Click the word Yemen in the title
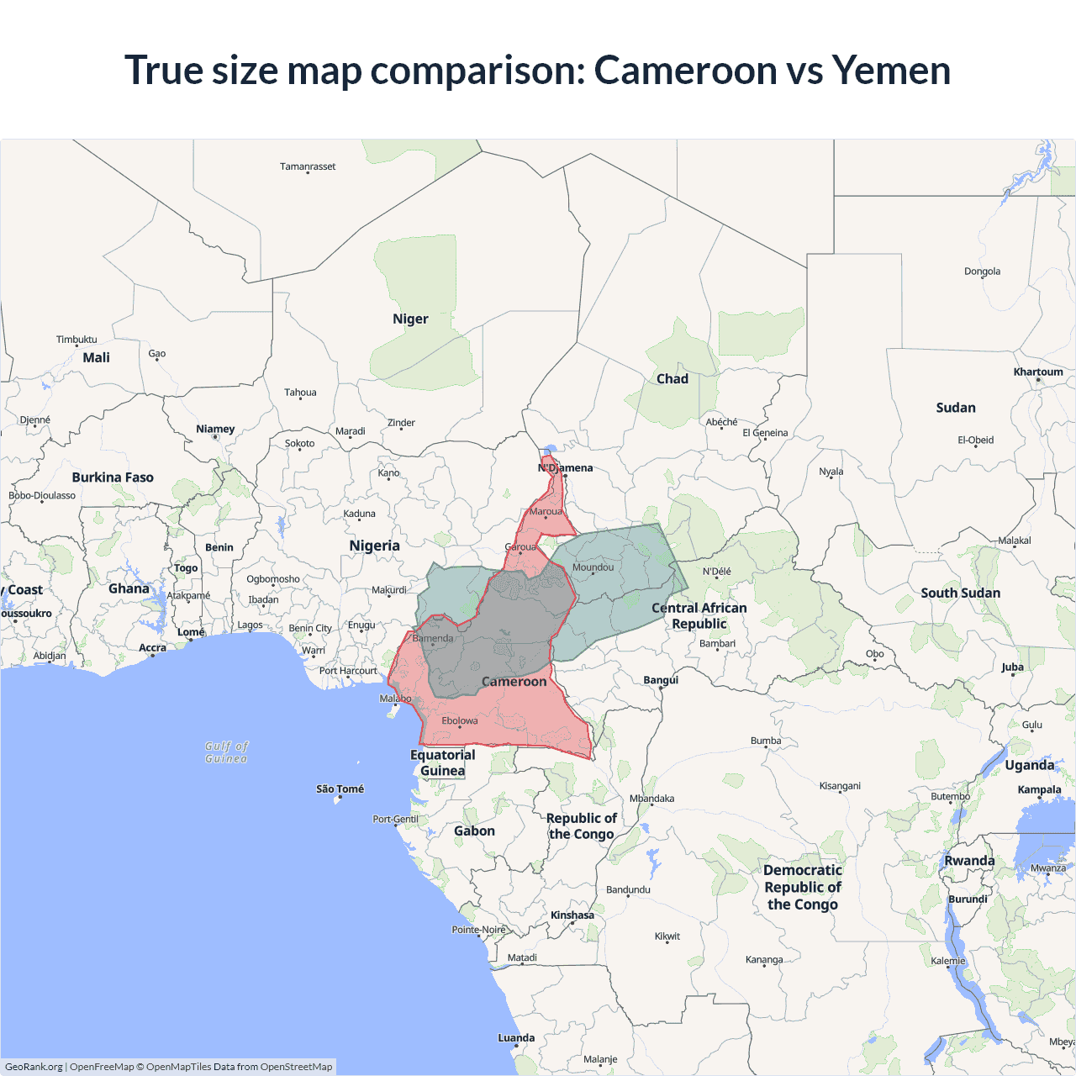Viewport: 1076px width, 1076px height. pyautogui.click(x=891, y=71)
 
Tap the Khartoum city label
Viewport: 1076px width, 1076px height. pyautogui.click(x=1038, y=372)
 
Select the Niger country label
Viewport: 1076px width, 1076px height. pyautogui.click(x=410, y=319)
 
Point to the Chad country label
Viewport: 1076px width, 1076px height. pyautogui.click(x=672, y=379)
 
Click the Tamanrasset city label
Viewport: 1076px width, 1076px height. pyautogui.click(x=308, y=166)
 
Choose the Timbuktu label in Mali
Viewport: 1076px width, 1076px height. pyautogui.click(x=76, y=340)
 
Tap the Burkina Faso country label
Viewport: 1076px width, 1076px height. pyautogui.click(x=113, y=477)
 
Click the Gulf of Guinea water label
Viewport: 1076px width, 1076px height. pyautogui.click(x=226, y=752)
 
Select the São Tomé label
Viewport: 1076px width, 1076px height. pyautogui.click(x=340, y=789)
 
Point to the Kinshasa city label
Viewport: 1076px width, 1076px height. pyautogui.click(x=572, y=915)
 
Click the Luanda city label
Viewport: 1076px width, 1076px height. pyautogui.click(x=516, y=1038)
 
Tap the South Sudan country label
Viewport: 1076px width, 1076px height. pyautogui.click(x=960, y=593)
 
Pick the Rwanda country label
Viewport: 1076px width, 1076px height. pyautogui.click(x=969, y=861)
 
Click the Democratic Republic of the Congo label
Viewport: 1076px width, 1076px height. pyautogui.click(x=803, y=887)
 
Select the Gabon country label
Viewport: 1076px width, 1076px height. pyautogui.click(x=474, y=831)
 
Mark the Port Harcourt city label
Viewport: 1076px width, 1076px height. pyautogui.click(x=348, y=671)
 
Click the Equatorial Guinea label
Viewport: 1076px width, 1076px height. pyautogui.click(x=442, y=762)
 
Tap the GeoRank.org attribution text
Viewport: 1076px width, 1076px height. pyautogui.click(x=34, y=1067)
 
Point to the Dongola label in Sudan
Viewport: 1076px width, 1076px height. pyautogui.click(x=982, y=272)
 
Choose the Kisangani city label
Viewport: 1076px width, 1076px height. pyautogui.click(x=840, y=786)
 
